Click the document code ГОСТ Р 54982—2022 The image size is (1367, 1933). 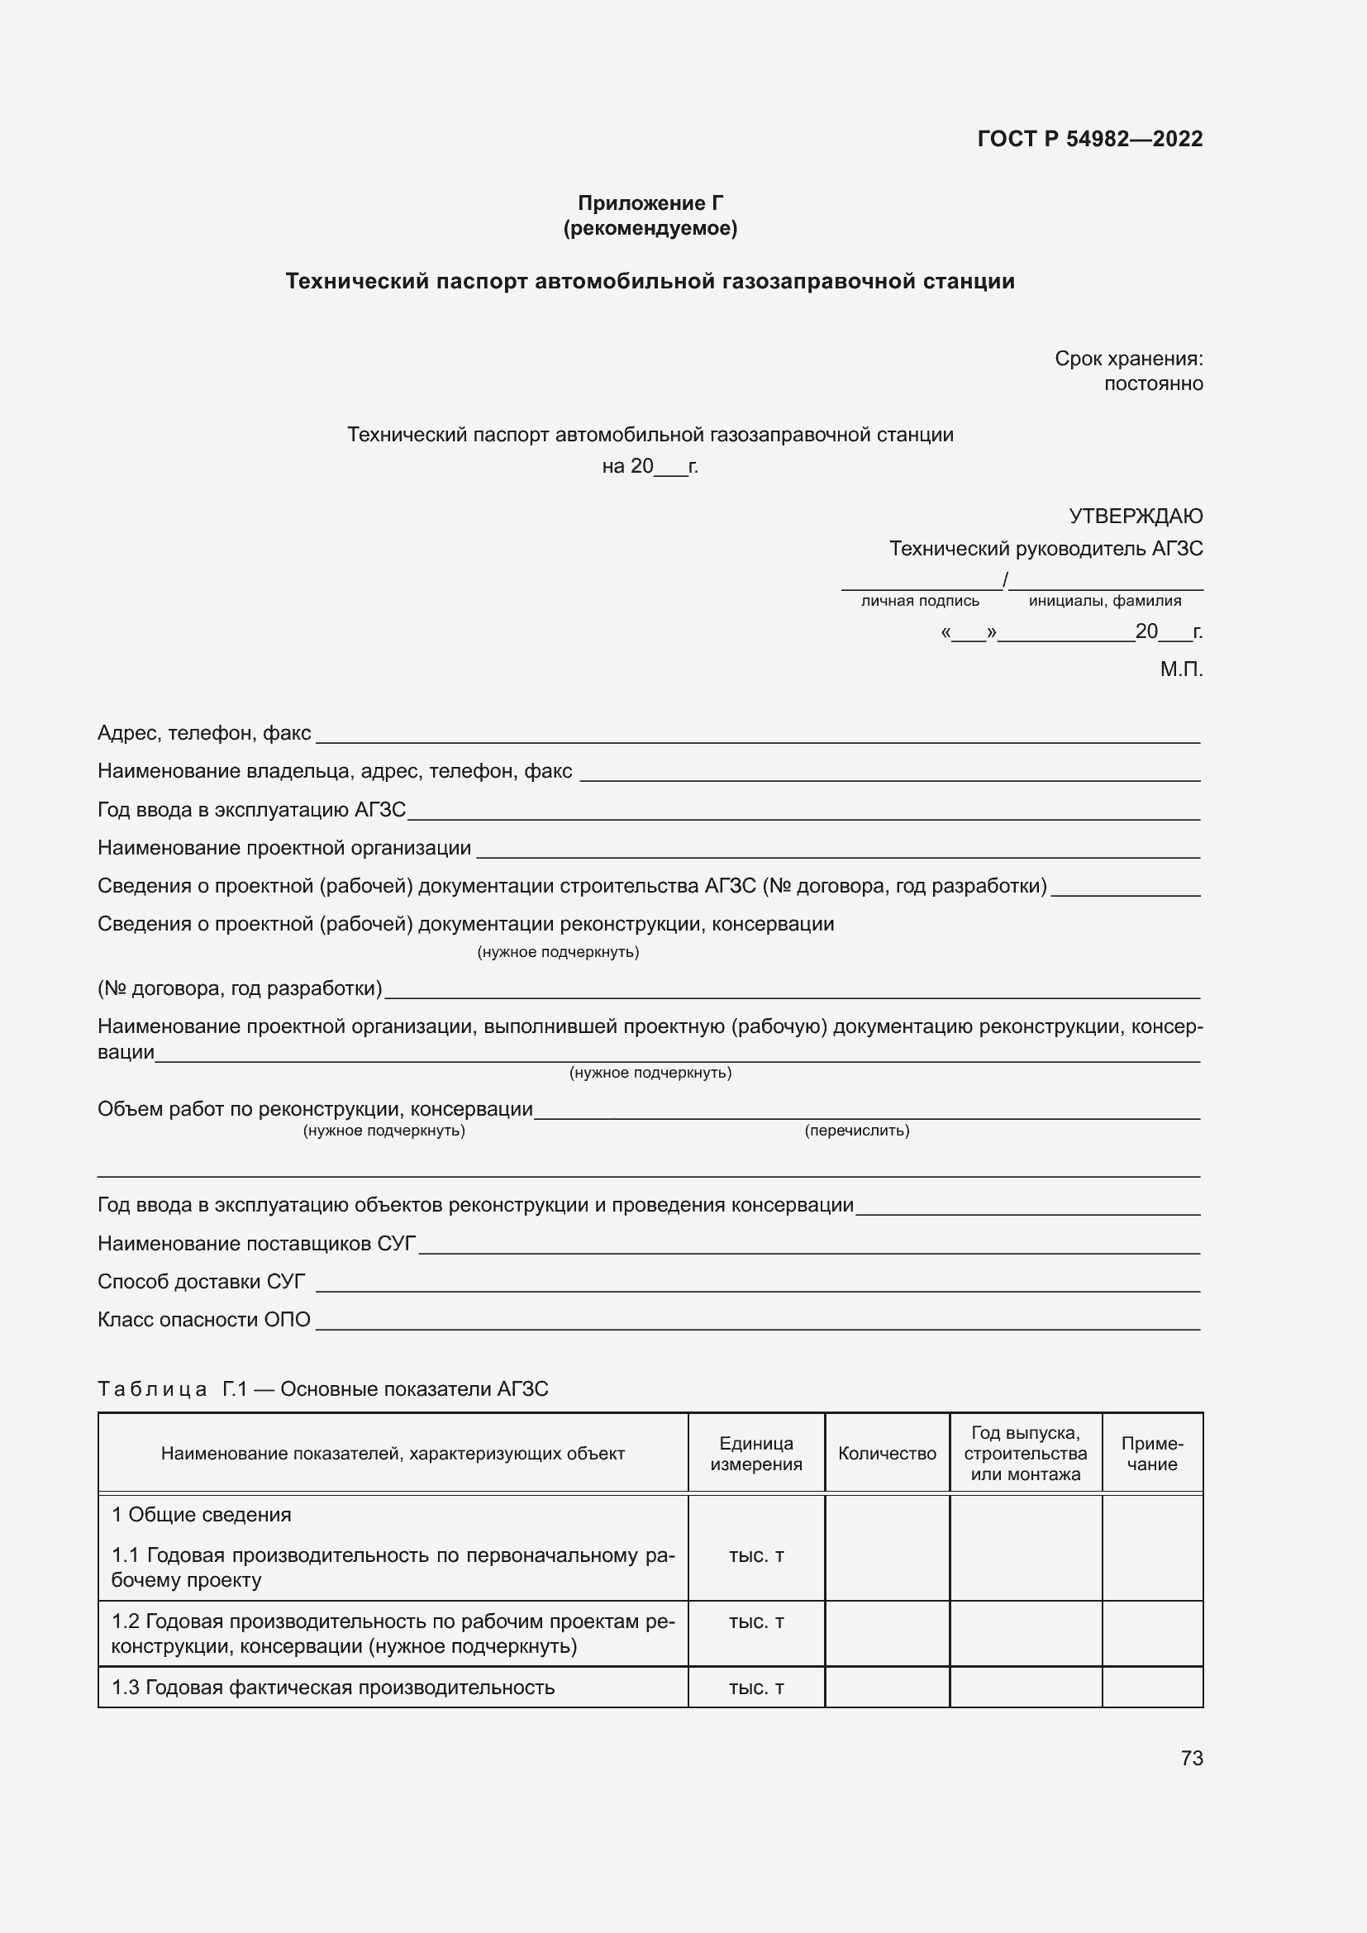pos(1089,139)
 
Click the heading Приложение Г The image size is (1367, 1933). pos(650,203)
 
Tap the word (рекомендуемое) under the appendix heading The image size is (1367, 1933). pos(650,228)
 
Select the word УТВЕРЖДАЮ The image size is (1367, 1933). pos(1135,515)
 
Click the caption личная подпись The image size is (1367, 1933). pos(919,601)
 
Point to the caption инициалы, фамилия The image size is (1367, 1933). pos(1104,601)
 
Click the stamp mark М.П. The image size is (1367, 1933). pos(1180,669)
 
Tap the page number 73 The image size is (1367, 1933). pos(1191,1758)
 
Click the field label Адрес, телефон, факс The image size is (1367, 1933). pos(204,733)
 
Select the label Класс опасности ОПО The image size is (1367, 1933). pos(203,1319)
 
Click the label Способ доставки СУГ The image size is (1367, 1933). pos(201,1282)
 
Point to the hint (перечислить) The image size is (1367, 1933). pos(856,1131)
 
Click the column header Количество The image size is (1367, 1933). pos(886,1454)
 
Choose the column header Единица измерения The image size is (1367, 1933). pos(755,1454)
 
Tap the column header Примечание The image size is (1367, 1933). pos(1151,1454)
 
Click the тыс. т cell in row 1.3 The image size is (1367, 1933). pos(755,1688)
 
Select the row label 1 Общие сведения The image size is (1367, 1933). pos(201,1515)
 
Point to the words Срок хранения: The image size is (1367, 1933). pos(1128,359)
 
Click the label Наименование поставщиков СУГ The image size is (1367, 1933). pos(257,1244)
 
